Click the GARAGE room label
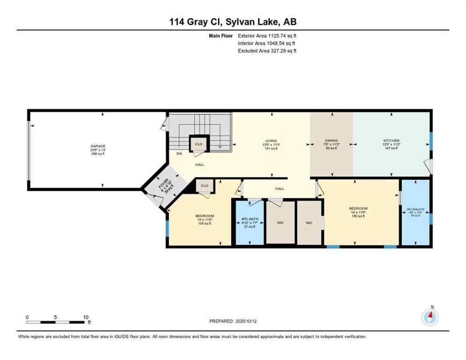(x=98, y=146)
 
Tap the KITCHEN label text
(x=391, y=141)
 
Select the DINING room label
(x=331, y=141)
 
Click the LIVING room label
(x=271, y=141)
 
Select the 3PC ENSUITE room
(x=415, y=212)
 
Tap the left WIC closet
(x=280, y=223)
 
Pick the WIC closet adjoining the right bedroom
(x=309, y=223)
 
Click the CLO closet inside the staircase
(x=198, y=144)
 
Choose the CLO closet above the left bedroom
(x=204, y=186)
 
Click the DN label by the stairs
(x=179, y=154)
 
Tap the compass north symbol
(x=430, y=317)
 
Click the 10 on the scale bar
(x=85, y=317)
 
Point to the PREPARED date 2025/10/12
(x=233, y=321)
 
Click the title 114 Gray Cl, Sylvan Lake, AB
(x=233, y=22)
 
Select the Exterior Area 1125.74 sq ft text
(x=267, y=35)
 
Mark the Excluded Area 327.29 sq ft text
(x=267, y=51)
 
